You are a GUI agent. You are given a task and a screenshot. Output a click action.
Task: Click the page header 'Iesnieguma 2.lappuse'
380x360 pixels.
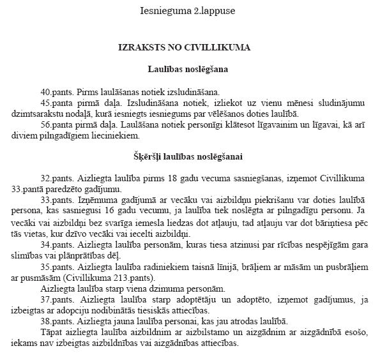click(189, 11)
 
